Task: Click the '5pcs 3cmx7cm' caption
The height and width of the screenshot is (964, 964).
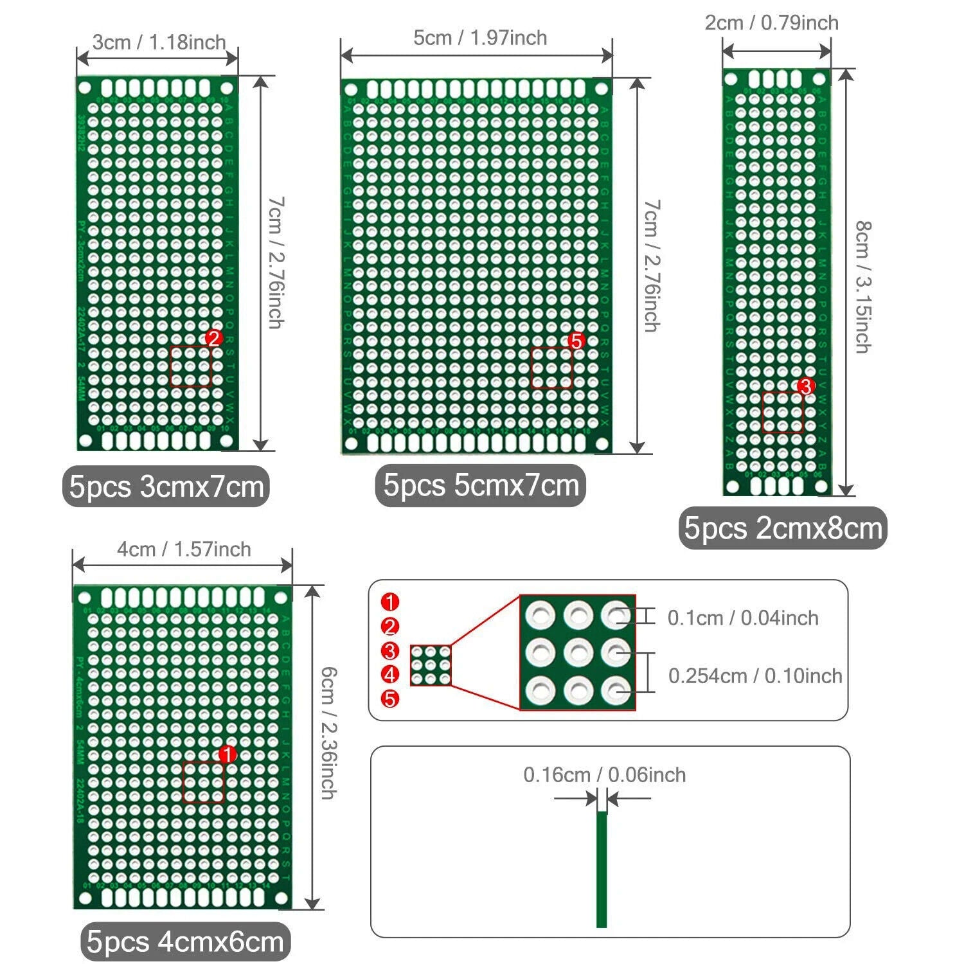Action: pos(166,486)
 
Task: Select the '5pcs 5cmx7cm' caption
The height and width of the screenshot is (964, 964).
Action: pos(481,485)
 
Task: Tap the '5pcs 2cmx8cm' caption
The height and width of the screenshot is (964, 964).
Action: pos(783,528)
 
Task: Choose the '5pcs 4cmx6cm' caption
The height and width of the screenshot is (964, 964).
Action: pos(185,942)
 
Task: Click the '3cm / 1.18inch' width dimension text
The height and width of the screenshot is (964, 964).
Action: pos(159,42)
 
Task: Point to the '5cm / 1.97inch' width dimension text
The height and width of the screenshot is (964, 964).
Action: pos(480,38)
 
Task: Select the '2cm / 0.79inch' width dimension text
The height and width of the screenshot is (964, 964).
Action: pos(771,23)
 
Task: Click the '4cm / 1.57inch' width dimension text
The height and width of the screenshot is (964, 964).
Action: pos(184,549)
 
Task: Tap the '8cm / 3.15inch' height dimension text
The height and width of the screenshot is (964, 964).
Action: pos(863,287)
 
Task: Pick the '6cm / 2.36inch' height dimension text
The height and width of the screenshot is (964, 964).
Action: pos(329,733)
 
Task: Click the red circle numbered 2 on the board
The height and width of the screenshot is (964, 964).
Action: pos(213,338)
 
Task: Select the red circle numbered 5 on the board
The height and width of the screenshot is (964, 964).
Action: pos(576,341)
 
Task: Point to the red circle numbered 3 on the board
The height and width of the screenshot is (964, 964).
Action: pos(805,386)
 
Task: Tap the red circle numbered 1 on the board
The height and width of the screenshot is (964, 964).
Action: pos(228,754)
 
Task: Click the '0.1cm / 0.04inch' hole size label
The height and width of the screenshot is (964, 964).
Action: pos(743,618)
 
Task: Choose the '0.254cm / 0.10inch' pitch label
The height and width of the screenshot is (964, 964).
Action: pos(755,676)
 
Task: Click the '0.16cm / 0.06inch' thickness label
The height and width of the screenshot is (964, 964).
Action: pos(604,775)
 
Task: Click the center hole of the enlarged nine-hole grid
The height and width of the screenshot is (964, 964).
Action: pos(578,653)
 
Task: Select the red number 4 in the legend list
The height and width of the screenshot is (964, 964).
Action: pos(390,675)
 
